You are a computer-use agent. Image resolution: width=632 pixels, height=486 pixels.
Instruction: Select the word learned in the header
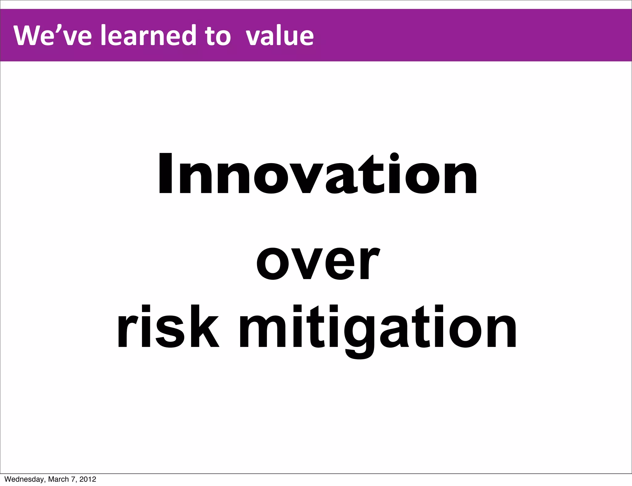coord(148,35)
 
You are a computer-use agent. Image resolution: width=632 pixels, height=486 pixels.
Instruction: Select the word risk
coord(168,327)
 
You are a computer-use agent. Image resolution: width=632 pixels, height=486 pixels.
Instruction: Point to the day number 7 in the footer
coord(73,479)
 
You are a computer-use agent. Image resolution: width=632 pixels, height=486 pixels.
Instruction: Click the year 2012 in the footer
coord(88,479)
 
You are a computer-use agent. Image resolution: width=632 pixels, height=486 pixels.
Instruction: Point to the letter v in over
coord(307,264)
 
